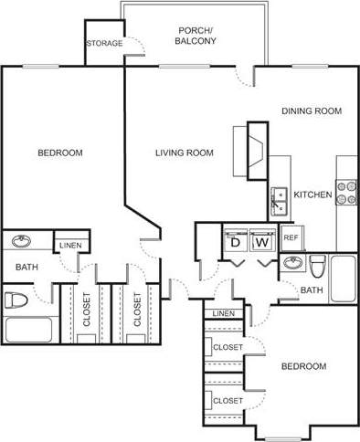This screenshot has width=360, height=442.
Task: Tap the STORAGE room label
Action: (104, 44)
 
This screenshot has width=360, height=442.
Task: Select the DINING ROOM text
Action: (311, 111)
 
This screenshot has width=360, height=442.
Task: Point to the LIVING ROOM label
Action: (184, 153)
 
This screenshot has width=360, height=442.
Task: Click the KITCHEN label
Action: (312, 194)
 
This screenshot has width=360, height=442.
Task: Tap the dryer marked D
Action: (235, 242)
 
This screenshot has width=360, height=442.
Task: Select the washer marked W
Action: (261, 242)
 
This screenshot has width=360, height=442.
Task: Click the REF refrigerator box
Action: (291, 237)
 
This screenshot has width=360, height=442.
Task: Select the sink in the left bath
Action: (21, 241)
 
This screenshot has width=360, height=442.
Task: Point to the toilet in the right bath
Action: (318, 267)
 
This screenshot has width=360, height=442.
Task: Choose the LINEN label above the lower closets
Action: (223, 314)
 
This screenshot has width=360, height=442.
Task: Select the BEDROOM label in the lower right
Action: (303, 366)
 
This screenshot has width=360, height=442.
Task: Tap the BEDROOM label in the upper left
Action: (60, 153)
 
